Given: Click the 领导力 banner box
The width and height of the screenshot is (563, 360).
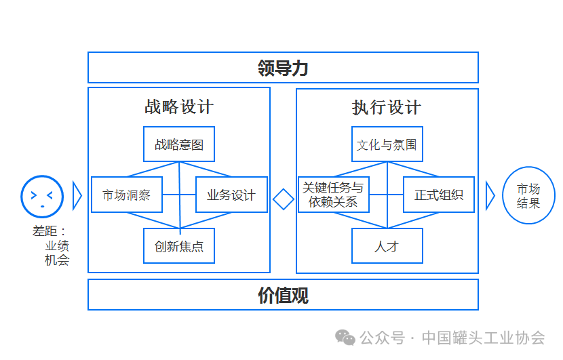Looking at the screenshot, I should [x=283, y=68].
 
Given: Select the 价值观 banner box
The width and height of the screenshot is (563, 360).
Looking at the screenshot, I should [x=283, y=295].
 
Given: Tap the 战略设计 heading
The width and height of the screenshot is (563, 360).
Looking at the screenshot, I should [x=179, y=107].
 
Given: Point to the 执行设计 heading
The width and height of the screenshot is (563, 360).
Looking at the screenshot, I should [x=387, y=107].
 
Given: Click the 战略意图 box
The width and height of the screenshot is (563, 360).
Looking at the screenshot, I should [x=179, y=144].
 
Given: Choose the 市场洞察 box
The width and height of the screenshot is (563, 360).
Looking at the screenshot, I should [x=126, y=195].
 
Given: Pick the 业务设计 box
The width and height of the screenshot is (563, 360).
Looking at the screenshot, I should [x=231, y=195].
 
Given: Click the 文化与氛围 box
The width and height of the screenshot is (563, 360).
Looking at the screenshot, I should [x=387, y=144].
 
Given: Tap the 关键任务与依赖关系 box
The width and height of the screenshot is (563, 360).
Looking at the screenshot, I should [x=333, y=195].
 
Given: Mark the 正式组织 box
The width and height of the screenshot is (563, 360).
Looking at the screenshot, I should [x=439, y=195].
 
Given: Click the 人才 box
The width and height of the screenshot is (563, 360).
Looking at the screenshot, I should [x=387, y=246].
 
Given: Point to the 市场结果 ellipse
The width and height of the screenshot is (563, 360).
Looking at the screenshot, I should [x=528, y=195].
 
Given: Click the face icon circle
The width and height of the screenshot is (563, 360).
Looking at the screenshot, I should [x=42, y=196].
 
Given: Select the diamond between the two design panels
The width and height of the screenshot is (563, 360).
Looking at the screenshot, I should [x=283, y=199].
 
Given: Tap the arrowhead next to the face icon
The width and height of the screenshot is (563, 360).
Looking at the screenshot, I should [x=77, y=196].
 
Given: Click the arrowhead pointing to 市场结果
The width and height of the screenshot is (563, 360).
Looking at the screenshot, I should [x=490, y=196].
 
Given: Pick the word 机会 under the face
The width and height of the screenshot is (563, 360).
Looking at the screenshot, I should [x=57, y=260].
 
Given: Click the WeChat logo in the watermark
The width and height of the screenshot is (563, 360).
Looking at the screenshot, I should [x=347, y=338].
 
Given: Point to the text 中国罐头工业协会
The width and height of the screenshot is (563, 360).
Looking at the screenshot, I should [x=483, y=338].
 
